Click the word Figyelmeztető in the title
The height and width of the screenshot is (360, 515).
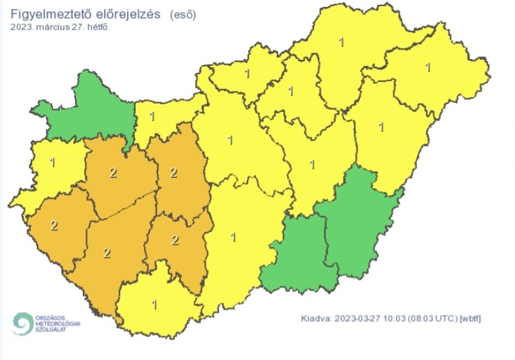point(47,14)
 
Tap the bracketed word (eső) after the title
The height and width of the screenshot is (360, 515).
point(183,14)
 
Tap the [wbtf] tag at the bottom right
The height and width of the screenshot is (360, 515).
point(471,318)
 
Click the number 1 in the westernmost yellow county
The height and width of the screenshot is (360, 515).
point(53,163)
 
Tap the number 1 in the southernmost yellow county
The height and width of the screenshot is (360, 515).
point(153,304)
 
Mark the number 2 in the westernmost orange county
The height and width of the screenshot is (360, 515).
point(54,224)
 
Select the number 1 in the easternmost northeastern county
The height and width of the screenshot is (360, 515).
point(427,67)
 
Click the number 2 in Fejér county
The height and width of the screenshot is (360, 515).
point(174,172)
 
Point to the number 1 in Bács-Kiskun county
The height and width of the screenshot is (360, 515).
point(233,237)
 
